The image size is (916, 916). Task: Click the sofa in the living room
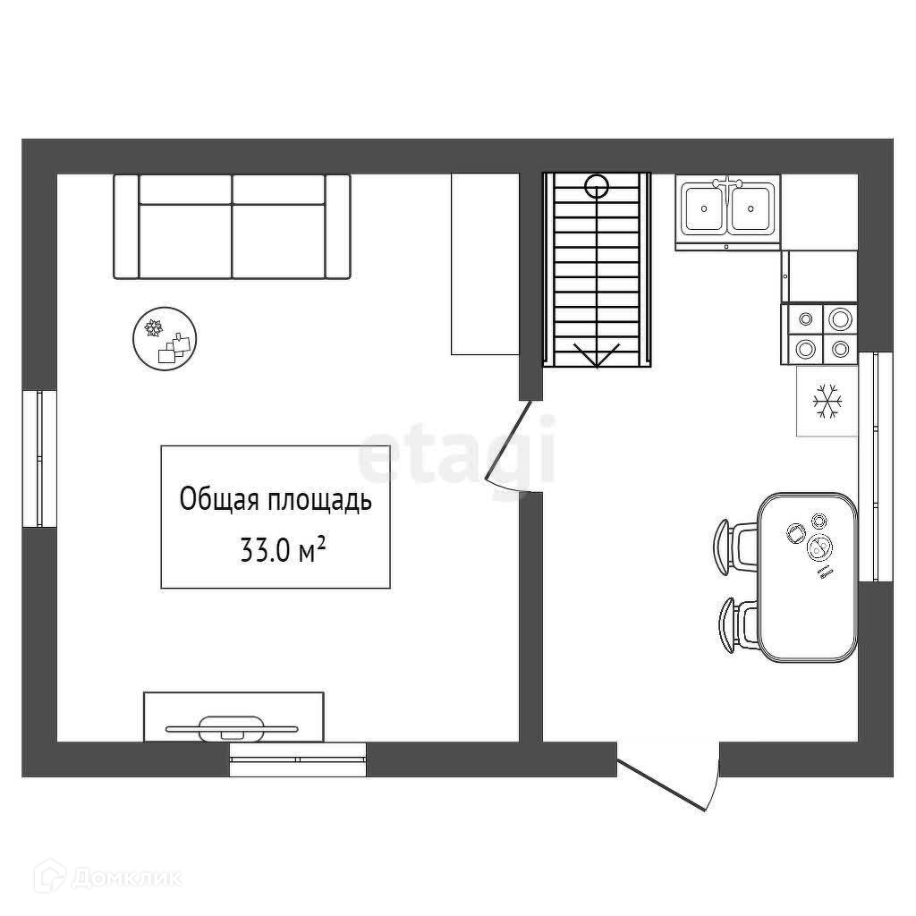click(x=232, y=226)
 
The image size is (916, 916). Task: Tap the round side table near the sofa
click(x=165, y=338)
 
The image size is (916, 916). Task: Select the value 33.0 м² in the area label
click(x=282, y=550)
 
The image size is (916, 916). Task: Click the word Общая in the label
click(x=220, y=500)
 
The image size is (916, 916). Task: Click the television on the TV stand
click(x=232, y=728)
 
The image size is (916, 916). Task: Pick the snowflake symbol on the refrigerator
click(x=827, y=402)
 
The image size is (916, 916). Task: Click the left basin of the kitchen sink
click(x=705, y=208)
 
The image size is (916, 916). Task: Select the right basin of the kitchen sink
click(x=751, y=208)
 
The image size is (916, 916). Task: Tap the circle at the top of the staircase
click(x=597, y=186)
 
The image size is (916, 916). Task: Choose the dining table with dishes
click(x=808, y=577)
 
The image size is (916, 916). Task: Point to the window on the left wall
click(x=39, y=459)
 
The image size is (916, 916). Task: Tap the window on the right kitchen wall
click(x=875, y=467)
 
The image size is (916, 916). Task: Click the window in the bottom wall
click(x=297, y=759)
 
